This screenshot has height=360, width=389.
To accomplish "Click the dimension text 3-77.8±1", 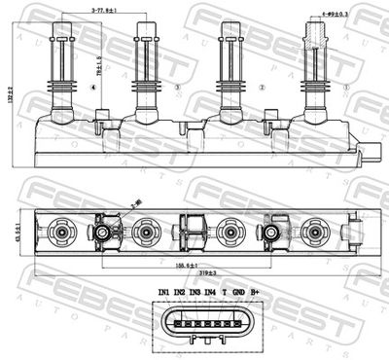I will (x=106, y=10).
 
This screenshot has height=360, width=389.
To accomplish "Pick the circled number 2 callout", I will (x=262, y=87).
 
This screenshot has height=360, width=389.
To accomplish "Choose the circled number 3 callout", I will (x=177, y=87).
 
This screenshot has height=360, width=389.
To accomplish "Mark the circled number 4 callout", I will (x=92, y=87).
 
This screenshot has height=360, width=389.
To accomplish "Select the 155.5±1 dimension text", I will (x=174, y=263).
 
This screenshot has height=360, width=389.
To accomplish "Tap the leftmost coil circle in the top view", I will (x=61, y=233).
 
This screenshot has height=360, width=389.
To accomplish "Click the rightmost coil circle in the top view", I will (x=313, y=233).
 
